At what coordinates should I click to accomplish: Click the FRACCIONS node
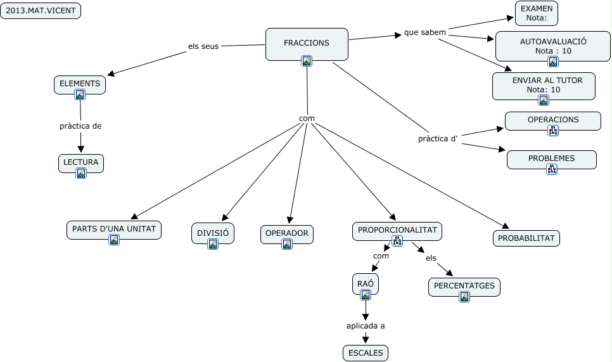307,43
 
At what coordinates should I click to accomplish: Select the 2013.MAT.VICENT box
41,11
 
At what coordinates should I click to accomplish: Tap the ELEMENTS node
80,84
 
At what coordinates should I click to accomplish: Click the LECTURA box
80,162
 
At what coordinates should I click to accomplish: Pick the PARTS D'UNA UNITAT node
114,229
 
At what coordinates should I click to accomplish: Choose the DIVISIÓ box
213,233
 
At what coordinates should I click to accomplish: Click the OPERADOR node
287,233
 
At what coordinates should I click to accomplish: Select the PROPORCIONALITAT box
397,230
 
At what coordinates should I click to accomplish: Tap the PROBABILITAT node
526,238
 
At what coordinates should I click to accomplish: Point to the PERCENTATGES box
464,286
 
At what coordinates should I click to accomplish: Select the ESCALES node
366,353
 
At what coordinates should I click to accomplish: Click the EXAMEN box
537,13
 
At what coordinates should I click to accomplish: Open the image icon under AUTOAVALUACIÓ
553,61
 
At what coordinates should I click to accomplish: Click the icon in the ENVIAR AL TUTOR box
544,100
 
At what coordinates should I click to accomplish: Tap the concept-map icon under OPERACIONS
553,131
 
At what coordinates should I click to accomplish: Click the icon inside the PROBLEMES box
551,169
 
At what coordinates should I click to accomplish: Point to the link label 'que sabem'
425,32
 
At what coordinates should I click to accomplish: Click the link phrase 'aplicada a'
366,326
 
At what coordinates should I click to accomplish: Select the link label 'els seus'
203,46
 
